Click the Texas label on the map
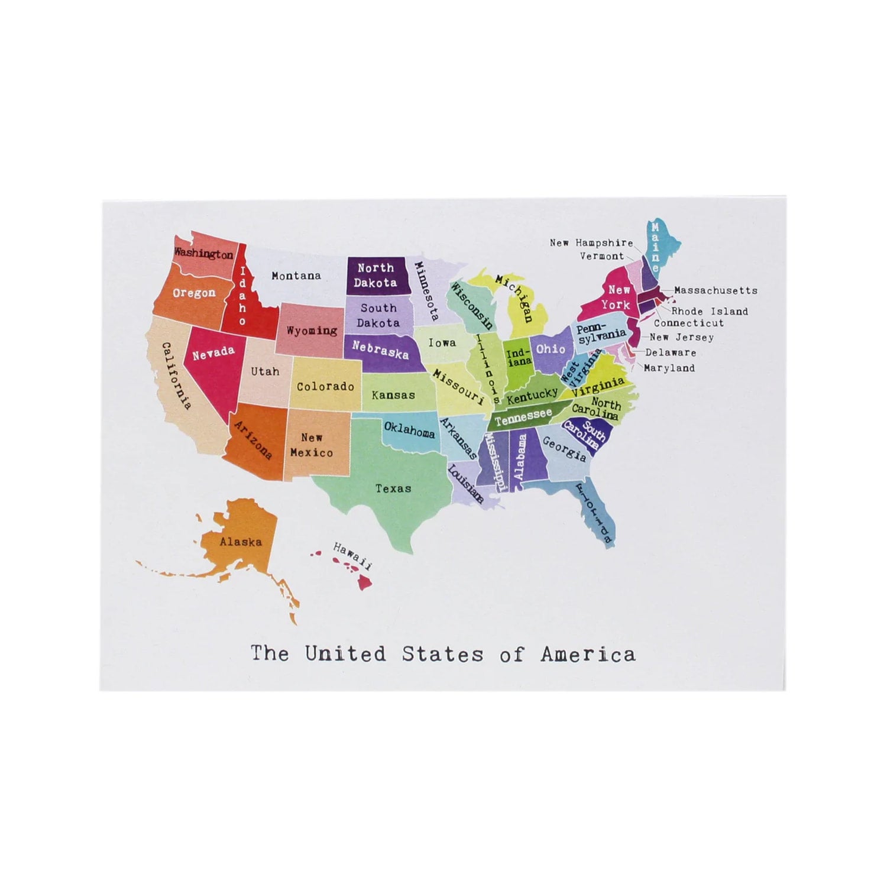(x=393, y=488)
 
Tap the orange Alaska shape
(x=241, y=541)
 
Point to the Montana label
(x=296, y=276)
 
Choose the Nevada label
(x=213, y=354)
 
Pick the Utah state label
(x=265, y=371)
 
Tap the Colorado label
(x=325, y=387)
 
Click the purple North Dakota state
(x=375, y=275)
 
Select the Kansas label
(x=393, y=395)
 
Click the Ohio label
(x=551, y=349)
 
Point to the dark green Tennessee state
(x=523, y=417)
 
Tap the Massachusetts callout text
(x=716, y=290)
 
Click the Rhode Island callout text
(x=710, y=311)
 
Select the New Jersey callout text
(x=682, y=338)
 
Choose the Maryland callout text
(x=669, y=368)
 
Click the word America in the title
(x=588, y=654)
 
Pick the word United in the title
(x=345, y=654)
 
